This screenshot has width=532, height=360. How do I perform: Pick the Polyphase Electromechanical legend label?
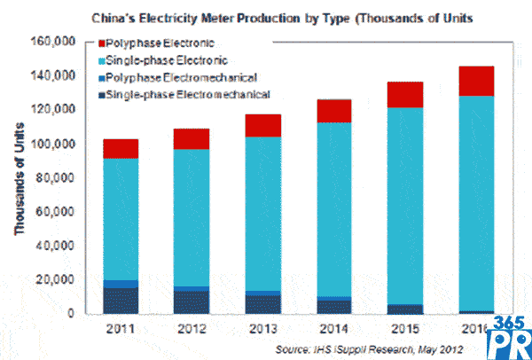pyautogui.click(x=178, y=77)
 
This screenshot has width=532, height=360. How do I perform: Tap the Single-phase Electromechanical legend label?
pyautogui.click(x=187, y=94)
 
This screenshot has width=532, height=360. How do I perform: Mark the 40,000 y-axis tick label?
pyautogui.click(x=54, y=246)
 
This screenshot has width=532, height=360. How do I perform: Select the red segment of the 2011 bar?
pyautogui.click(x=121, y=148)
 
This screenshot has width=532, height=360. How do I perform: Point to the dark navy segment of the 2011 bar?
pyautogui.click(x=121, y=301)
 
